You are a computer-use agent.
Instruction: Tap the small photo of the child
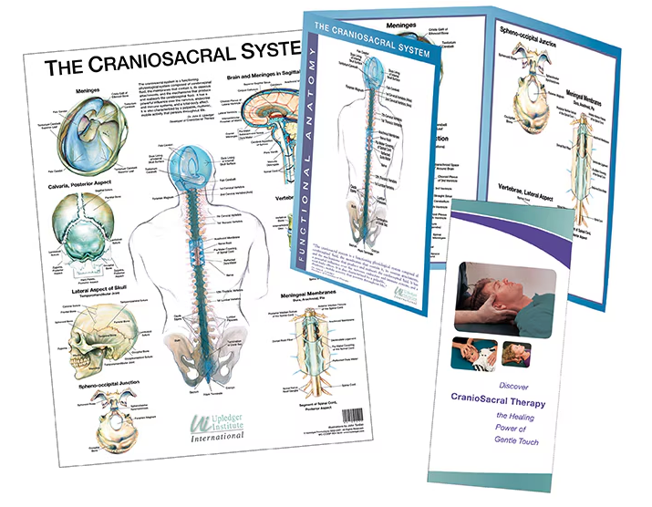(x=474, y=351)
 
